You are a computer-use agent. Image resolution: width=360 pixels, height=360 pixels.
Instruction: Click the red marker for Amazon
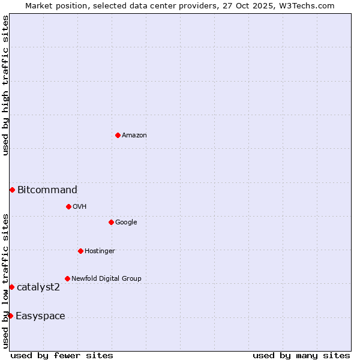point(118,135)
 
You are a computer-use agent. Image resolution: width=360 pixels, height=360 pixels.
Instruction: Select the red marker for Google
point(111,222)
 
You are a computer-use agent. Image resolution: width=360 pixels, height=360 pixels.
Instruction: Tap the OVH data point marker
point(68,206)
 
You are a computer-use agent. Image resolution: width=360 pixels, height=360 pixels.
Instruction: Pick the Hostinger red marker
point(80,251)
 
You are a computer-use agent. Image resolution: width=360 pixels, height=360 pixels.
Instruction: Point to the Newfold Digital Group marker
point(67,278)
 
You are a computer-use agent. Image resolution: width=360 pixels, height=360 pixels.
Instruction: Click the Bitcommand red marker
point(12,190)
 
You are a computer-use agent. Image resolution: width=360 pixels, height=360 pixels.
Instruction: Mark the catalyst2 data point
point(11,287)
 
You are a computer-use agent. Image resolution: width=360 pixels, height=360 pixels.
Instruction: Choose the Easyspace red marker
point(10,316)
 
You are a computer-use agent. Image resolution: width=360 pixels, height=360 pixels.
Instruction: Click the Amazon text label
point(134,136)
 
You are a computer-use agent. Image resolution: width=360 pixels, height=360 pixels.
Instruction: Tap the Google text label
point(126,223)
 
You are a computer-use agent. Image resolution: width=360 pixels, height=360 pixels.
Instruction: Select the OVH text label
point(80,207)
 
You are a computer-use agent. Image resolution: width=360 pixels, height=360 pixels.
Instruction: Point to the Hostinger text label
point(100,251)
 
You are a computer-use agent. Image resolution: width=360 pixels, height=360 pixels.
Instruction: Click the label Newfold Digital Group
point(106,279)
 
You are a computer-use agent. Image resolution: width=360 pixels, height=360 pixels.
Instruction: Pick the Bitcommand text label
point(47,190)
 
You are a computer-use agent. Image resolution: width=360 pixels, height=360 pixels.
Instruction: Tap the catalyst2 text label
point(38,287)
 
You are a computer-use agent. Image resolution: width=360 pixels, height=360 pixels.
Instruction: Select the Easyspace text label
point(40,316)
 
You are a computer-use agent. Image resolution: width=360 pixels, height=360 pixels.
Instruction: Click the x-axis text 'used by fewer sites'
point(62,355)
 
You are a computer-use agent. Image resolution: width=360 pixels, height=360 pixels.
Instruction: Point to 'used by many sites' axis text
point(301,355)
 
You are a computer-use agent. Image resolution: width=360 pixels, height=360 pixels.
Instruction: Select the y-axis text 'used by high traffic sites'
point(6,85)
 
